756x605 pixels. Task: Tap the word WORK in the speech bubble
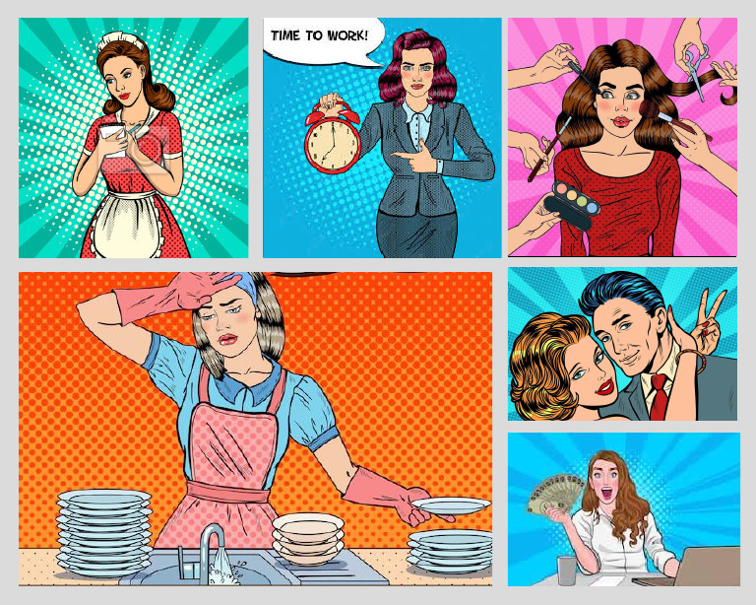point(346,36)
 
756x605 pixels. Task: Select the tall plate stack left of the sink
point(102,533)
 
